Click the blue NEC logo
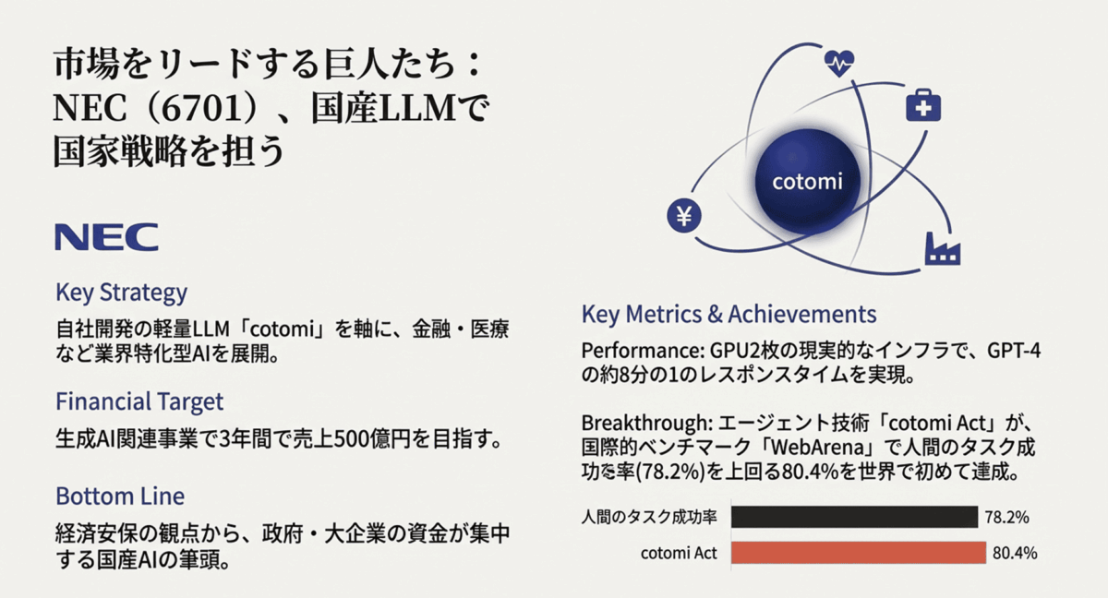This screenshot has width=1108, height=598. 106,237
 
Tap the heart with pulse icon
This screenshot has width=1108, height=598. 839,64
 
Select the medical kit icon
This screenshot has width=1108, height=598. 923,105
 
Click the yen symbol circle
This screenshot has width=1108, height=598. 684,215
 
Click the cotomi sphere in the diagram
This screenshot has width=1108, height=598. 807,182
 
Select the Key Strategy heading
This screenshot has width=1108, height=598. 122,293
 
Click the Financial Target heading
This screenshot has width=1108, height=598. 139,401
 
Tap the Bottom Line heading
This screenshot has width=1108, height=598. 120,496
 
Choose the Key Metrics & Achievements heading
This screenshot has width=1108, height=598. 729,315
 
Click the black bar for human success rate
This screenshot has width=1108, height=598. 854,517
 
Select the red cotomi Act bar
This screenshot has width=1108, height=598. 858,553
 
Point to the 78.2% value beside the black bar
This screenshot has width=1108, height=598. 1006,518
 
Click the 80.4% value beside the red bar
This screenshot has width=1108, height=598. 1015,553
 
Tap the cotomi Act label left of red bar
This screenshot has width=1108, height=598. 679,553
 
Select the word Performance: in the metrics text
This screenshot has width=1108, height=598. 643,351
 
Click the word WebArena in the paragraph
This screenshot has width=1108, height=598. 818,448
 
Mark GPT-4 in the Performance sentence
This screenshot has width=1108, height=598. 1014,351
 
